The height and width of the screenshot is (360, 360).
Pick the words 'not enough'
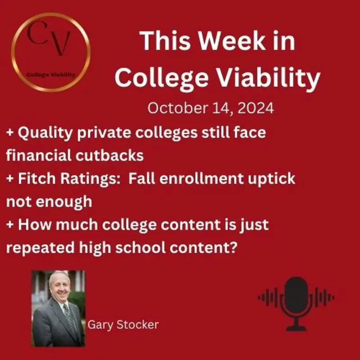49,201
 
